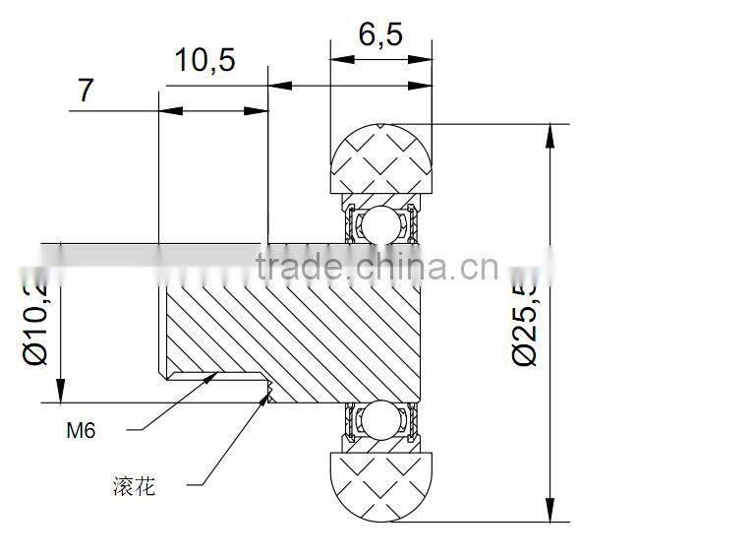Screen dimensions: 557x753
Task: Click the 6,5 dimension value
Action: tap(380, 34)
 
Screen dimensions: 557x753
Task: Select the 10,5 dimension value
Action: tap(204, 61)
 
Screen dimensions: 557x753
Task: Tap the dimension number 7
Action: tap(87, 90)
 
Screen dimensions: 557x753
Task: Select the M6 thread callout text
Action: tap(81, 430)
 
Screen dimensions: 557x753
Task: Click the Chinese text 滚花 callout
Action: tap(135, 485)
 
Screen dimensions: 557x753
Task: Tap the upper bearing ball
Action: tap(381, 225)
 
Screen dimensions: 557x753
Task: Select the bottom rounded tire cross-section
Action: tap(382, 483)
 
